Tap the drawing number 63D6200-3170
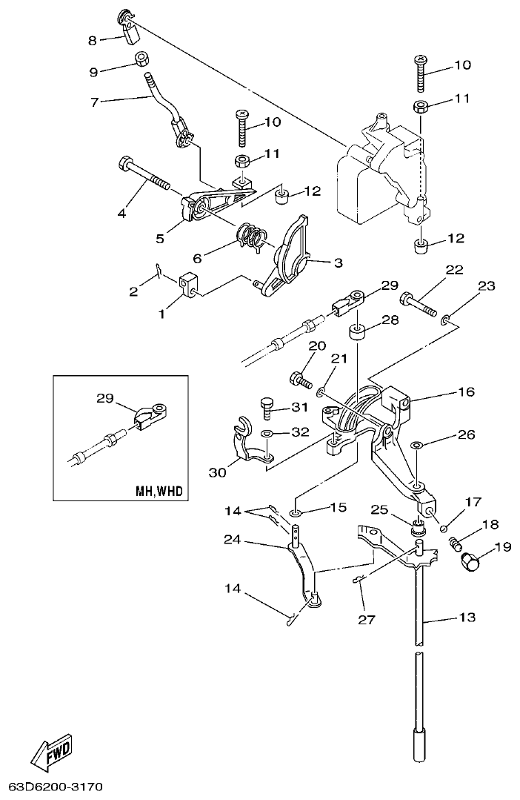56,785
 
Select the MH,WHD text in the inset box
159,491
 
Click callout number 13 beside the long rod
467,617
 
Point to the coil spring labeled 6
253,237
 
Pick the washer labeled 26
417,445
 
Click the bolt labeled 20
300,377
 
